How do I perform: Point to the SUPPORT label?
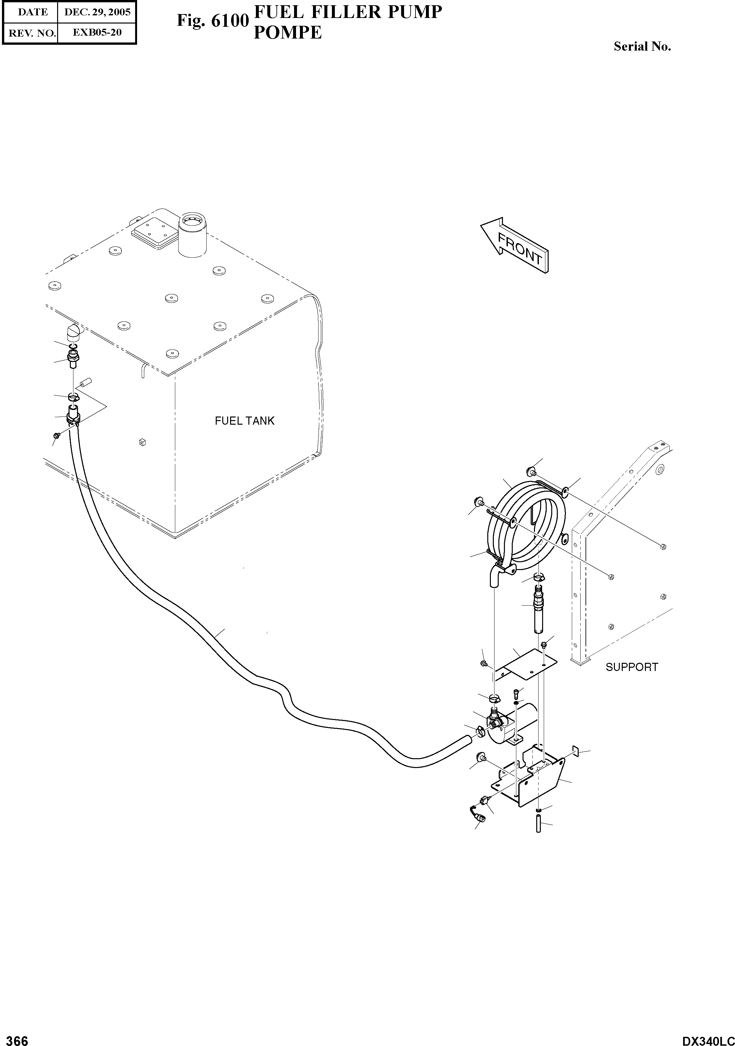click(x=632, y=667)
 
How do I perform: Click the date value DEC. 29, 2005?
click(x=97, y=12)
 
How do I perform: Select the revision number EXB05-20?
click(x=97, y=33)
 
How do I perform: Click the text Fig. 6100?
click(x=212, y=21)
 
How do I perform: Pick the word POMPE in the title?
click(x=288, y=32)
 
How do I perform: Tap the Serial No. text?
click(x=642, y=46)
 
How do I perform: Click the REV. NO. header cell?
click(x=30, y=33)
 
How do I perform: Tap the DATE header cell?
click(x=30, y=12)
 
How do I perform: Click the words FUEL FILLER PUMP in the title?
click(x=348, y=12)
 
